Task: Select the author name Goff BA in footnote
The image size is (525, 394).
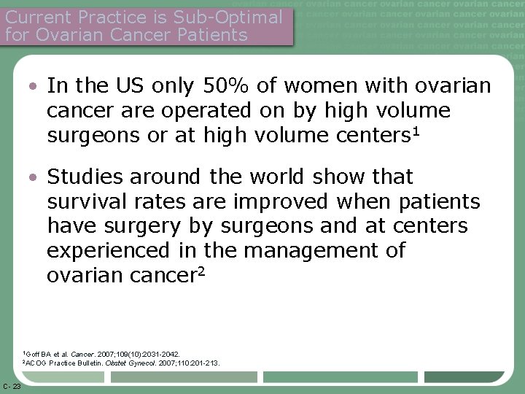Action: point(34,354)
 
